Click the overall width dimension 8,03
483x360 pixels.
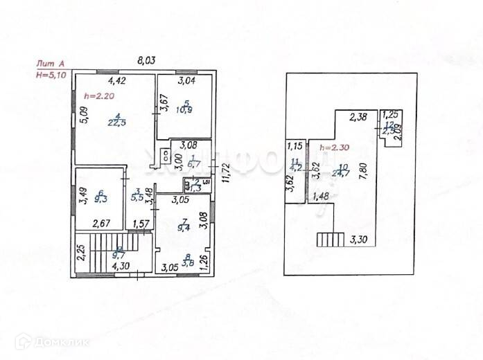tap(146, 61)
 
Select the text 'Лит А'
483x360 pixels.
tap(51, 64)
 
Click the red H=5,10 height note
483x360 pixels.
tap(53, 75)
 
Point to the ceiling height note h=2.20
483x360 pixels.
tap(97, 96)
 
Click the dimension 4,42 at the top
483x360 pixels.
tap(116, 81)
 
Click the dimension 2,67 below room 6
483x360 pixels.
tap(101, 224)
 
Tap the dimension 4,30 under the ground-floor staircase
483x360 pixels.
tap(121, 265)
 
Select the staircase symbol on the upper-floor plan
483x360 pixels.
tap(330, 240)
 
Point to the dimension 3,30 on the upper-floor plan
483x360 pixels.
tap(359, 242)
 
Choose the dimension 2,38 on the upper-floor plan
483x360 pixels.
tap(358, 117)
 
